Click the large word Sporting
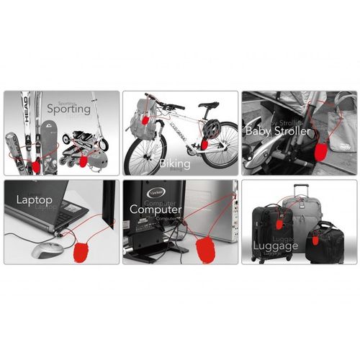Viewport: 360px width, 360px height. click(70, 109)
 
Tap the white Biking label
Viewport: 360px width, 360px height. click(175, 164)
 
